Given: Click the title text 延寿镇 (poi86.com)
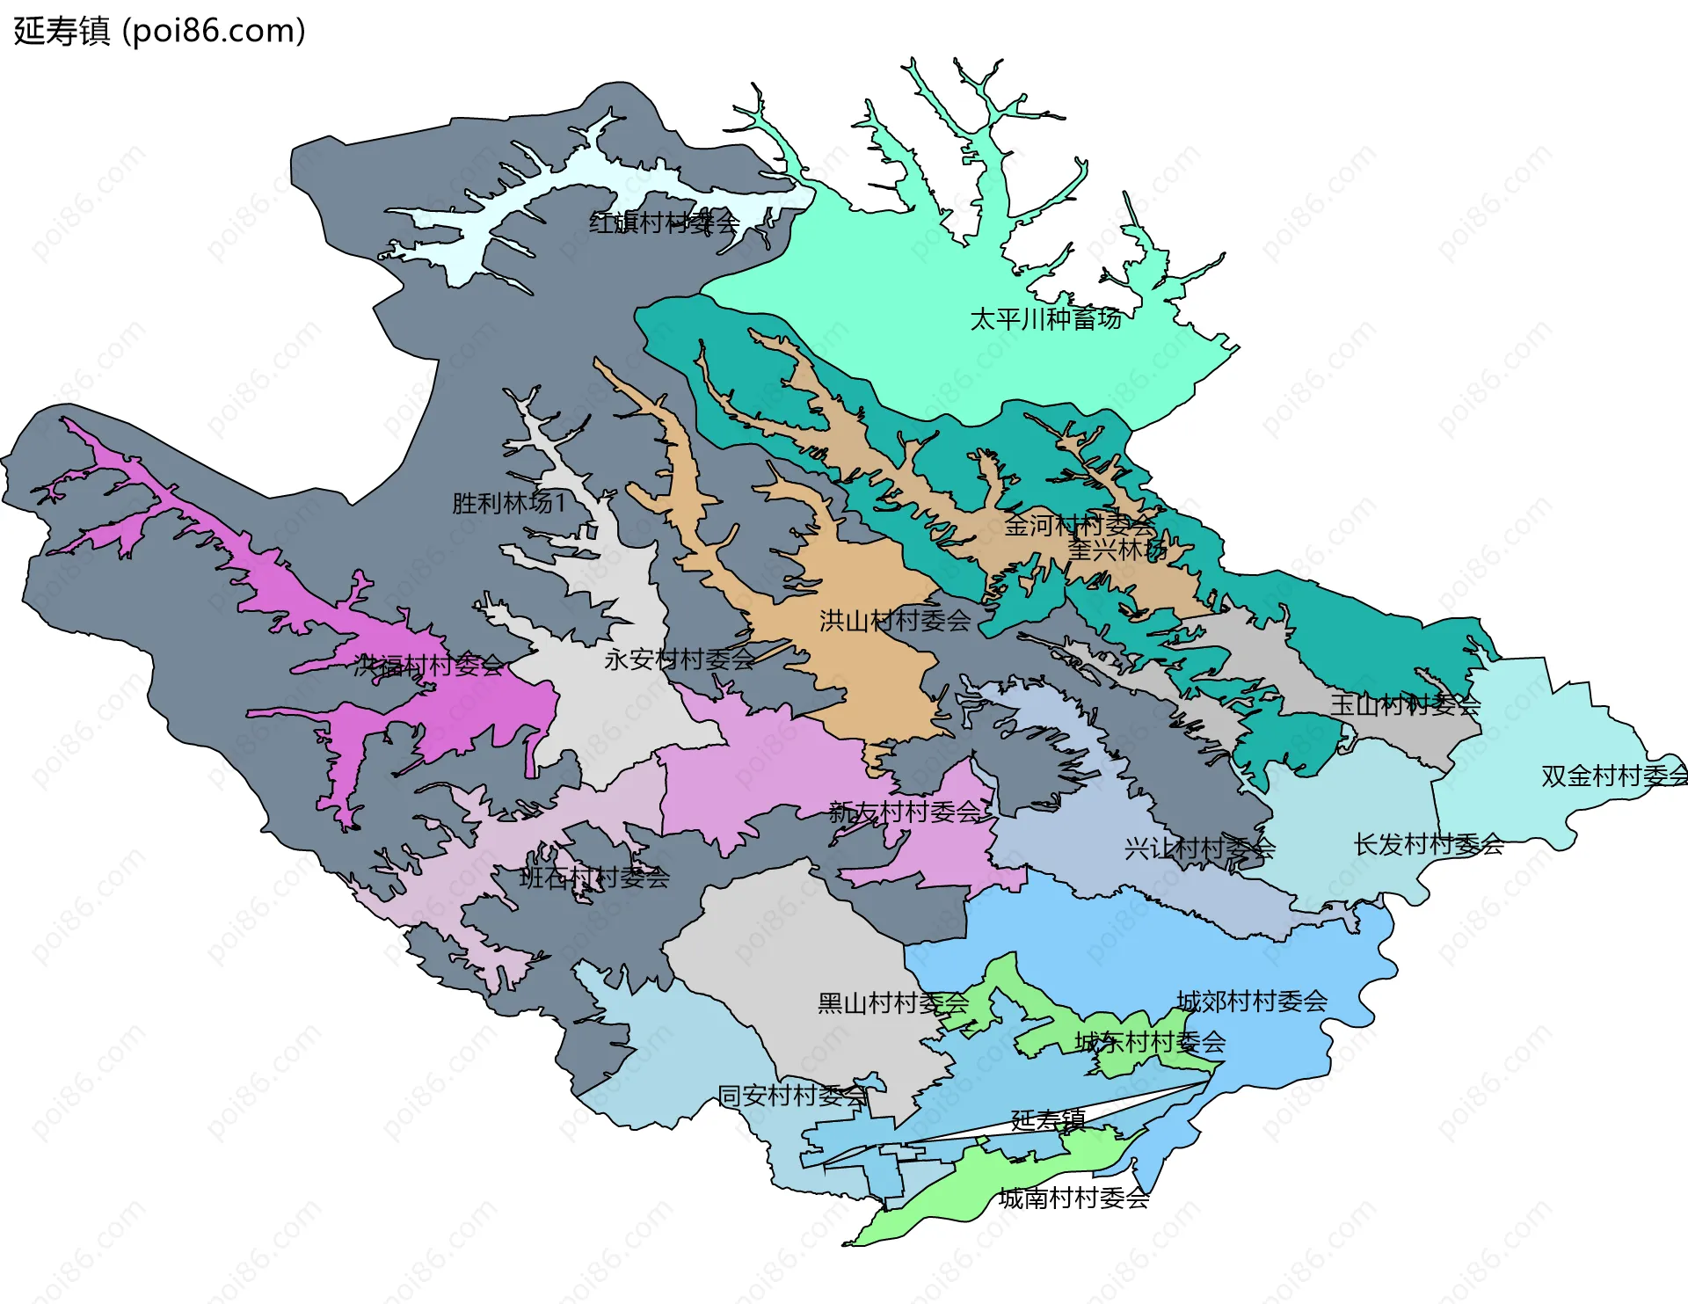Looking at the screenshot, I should [159, 31].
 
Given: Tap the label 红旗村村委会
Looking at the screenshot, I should [664, 222].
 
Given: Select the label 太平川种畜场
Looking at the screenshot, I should [1045, 318].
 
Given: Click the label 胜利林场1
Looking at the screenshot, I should [509, 503].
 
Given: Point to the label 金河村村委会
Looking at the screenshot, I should [1079, 525].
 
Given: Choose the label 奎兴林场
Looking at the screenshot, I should [1117, 550].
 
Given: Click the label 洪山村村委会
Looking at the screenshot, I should [895, 621].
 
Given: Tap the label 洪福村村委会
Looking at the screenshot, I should [428, 665].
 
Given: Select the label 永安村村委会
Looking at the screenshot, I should [679, 659].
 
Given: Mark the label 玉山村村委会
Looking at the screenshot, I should [1405, 703].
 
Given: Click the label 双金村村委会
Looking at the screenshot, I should [1614, 776].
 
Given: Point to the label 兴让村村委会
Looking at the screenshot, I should [1199, 849].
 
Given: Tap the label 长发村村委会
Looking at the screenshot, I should [1429, 844].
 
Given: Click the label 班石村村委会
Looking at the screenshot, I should [594, 877].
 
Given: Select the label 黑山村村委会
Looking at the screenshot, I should [893, 1002].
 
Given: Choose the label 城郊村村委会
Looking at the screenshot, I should [1252, 1001].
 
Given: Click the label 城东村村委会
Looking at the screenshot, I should [1150, 1042].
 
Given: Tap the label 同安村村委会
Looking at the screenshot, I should [793, 1096].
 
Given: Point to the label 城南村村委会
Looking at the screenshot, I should [1073, 1198].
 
